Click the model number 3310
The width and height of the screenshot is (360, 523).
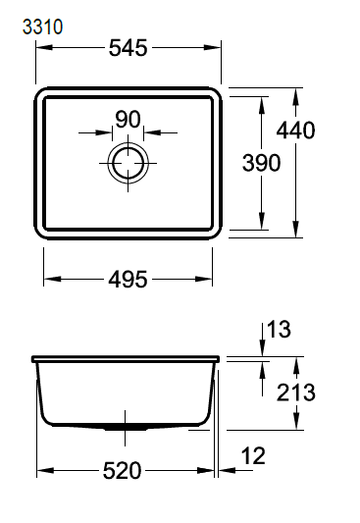click(x=42, y=27)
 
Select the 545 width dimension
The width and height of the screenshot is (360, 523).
click(x=128, y=48)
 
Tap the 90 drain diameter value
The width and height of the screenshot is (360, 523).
click(x=128, y=120)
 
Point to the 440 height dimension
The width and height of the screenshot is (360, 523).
click(x=295, y=131)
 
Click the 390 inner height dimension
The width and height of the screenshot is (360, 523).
click(x=261, y=163)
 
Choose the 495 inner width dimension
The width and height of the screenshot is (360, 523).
click(x=128, y=279)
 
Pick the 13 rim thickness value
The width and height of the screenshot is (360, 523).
click(x=279, y=330)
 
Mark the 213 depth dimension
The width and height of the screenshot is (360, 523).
click(x=296, y=392)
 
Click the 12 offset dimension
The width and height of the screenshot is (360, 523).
click(x=253, y=456)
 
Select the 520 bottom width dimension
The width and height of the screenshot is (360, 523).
click(x=122, y=471)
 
